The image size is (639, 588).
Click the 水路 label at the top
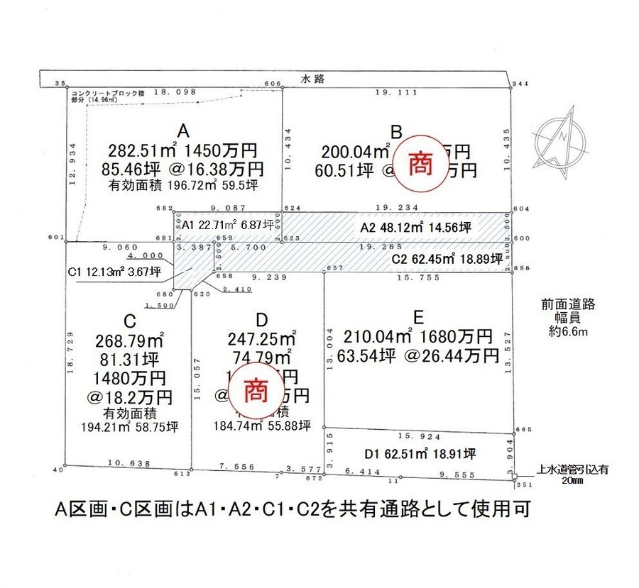pos(313,79)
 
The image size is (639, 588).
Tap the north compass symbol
pos(562,138)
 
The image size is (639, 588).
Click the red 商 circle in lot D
pos(256,391)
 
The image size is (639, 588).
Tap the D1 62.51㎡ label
pos(420,453)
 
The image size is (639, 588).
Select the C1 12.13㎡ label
pos(114,272)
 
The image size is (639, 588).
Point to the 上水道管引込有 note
pos(573,468)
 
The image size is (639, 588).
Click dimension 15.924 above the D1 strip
pos(418,436)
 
